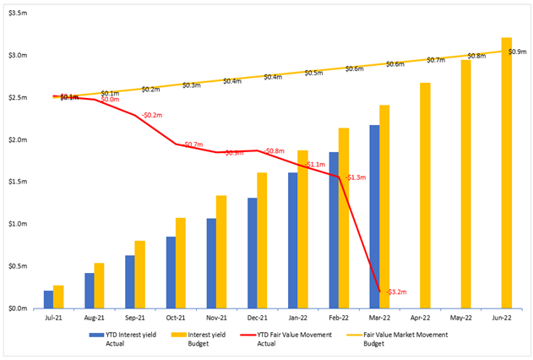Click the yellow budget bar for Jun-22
click(x=507, y=173)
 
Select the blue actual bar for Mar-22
click(x=374, y=217)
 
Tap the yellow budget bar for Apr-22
click(x=425, y=195)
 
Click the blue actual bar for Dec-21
click(x=253, y=253)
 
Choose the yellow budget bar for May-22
click(x=465, y=184)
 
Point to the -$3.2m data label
click(x=396, y=292)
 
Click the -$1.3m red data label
click(x=356, y=177)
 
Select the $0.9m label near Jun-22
click(x=518, y=52)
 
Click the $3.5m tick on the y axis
click(x=18, y=14)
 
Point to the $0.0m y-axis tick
click(x=18, y=308)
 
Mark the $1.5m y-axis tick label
click(x=18, y=182)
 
